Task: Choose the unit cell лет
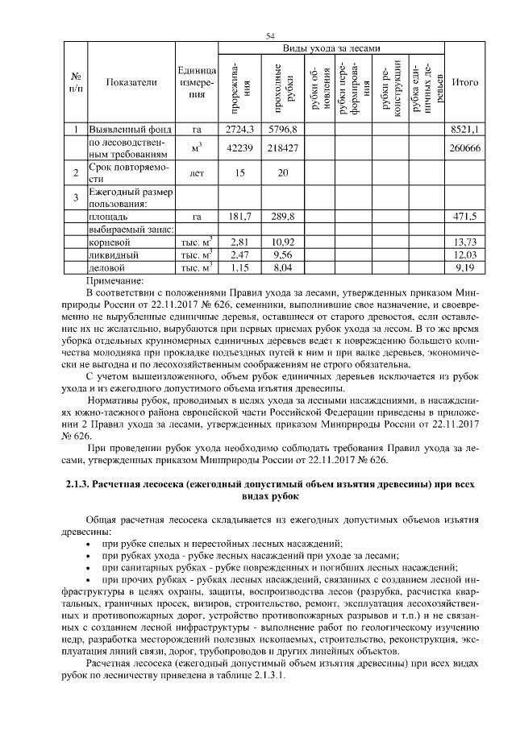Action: (x=196, y=172)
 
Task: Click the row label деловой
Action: (x=107, y=267)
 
